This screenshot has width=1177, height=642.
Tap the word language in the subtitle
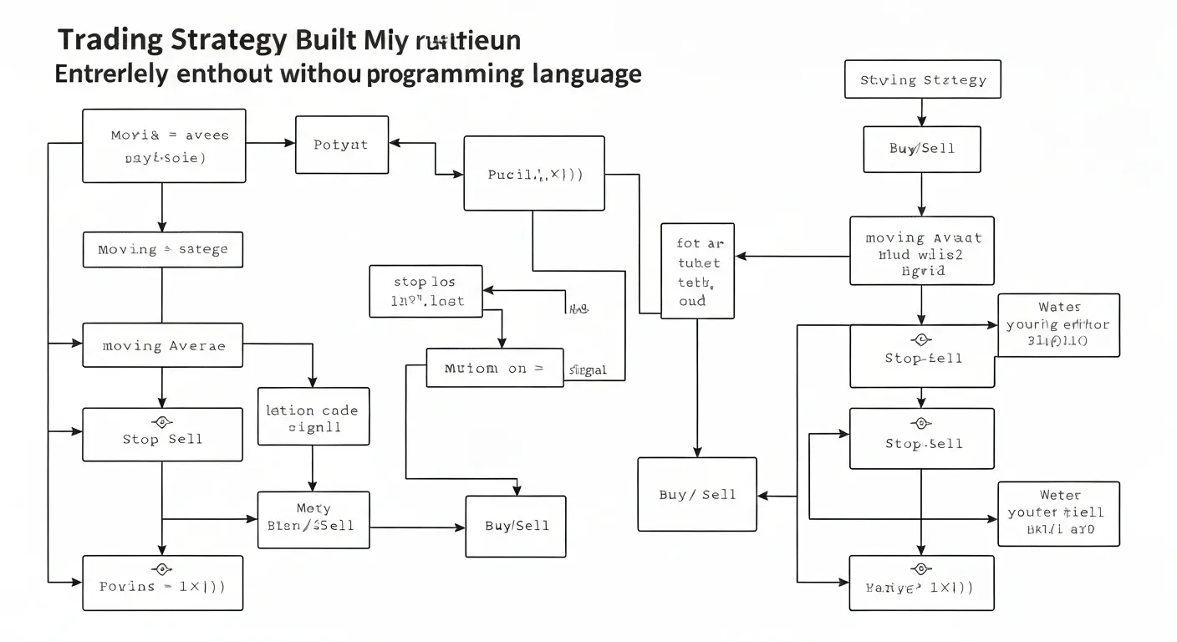pos(587,74)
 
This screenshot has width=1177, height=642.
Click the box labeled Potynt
pos(342,145)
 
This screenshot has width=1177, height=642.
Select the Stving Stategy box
pos(922,80)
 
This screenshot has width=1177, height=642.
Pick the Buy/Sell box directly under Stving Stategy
pos(921,149)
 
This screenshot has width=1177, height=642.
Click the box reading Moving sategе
pos(163,250)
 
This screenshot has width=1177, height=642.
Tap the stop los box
pos(426,292)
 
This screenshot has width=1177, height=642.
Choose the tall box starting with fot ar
pos(697,271)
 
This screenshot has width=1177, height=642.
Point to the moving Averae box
pos(163,345)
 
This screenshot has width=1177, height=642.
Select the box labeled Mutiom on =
pos(494,368)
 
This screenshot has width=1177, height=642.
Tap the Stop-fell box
pos(922,357)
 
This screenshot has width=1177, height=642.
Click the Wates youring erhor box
pos(1058,325)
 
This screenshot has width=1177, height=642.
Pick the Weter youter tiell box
pos(1058,513)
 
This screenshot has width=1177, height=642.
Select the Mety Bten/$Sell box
pos(313,519)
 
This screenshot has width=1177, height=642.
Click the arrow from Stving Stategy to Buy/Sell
pos(921,112)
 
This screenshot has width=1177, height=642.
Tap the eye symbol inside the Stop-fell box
pos(921,340)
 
